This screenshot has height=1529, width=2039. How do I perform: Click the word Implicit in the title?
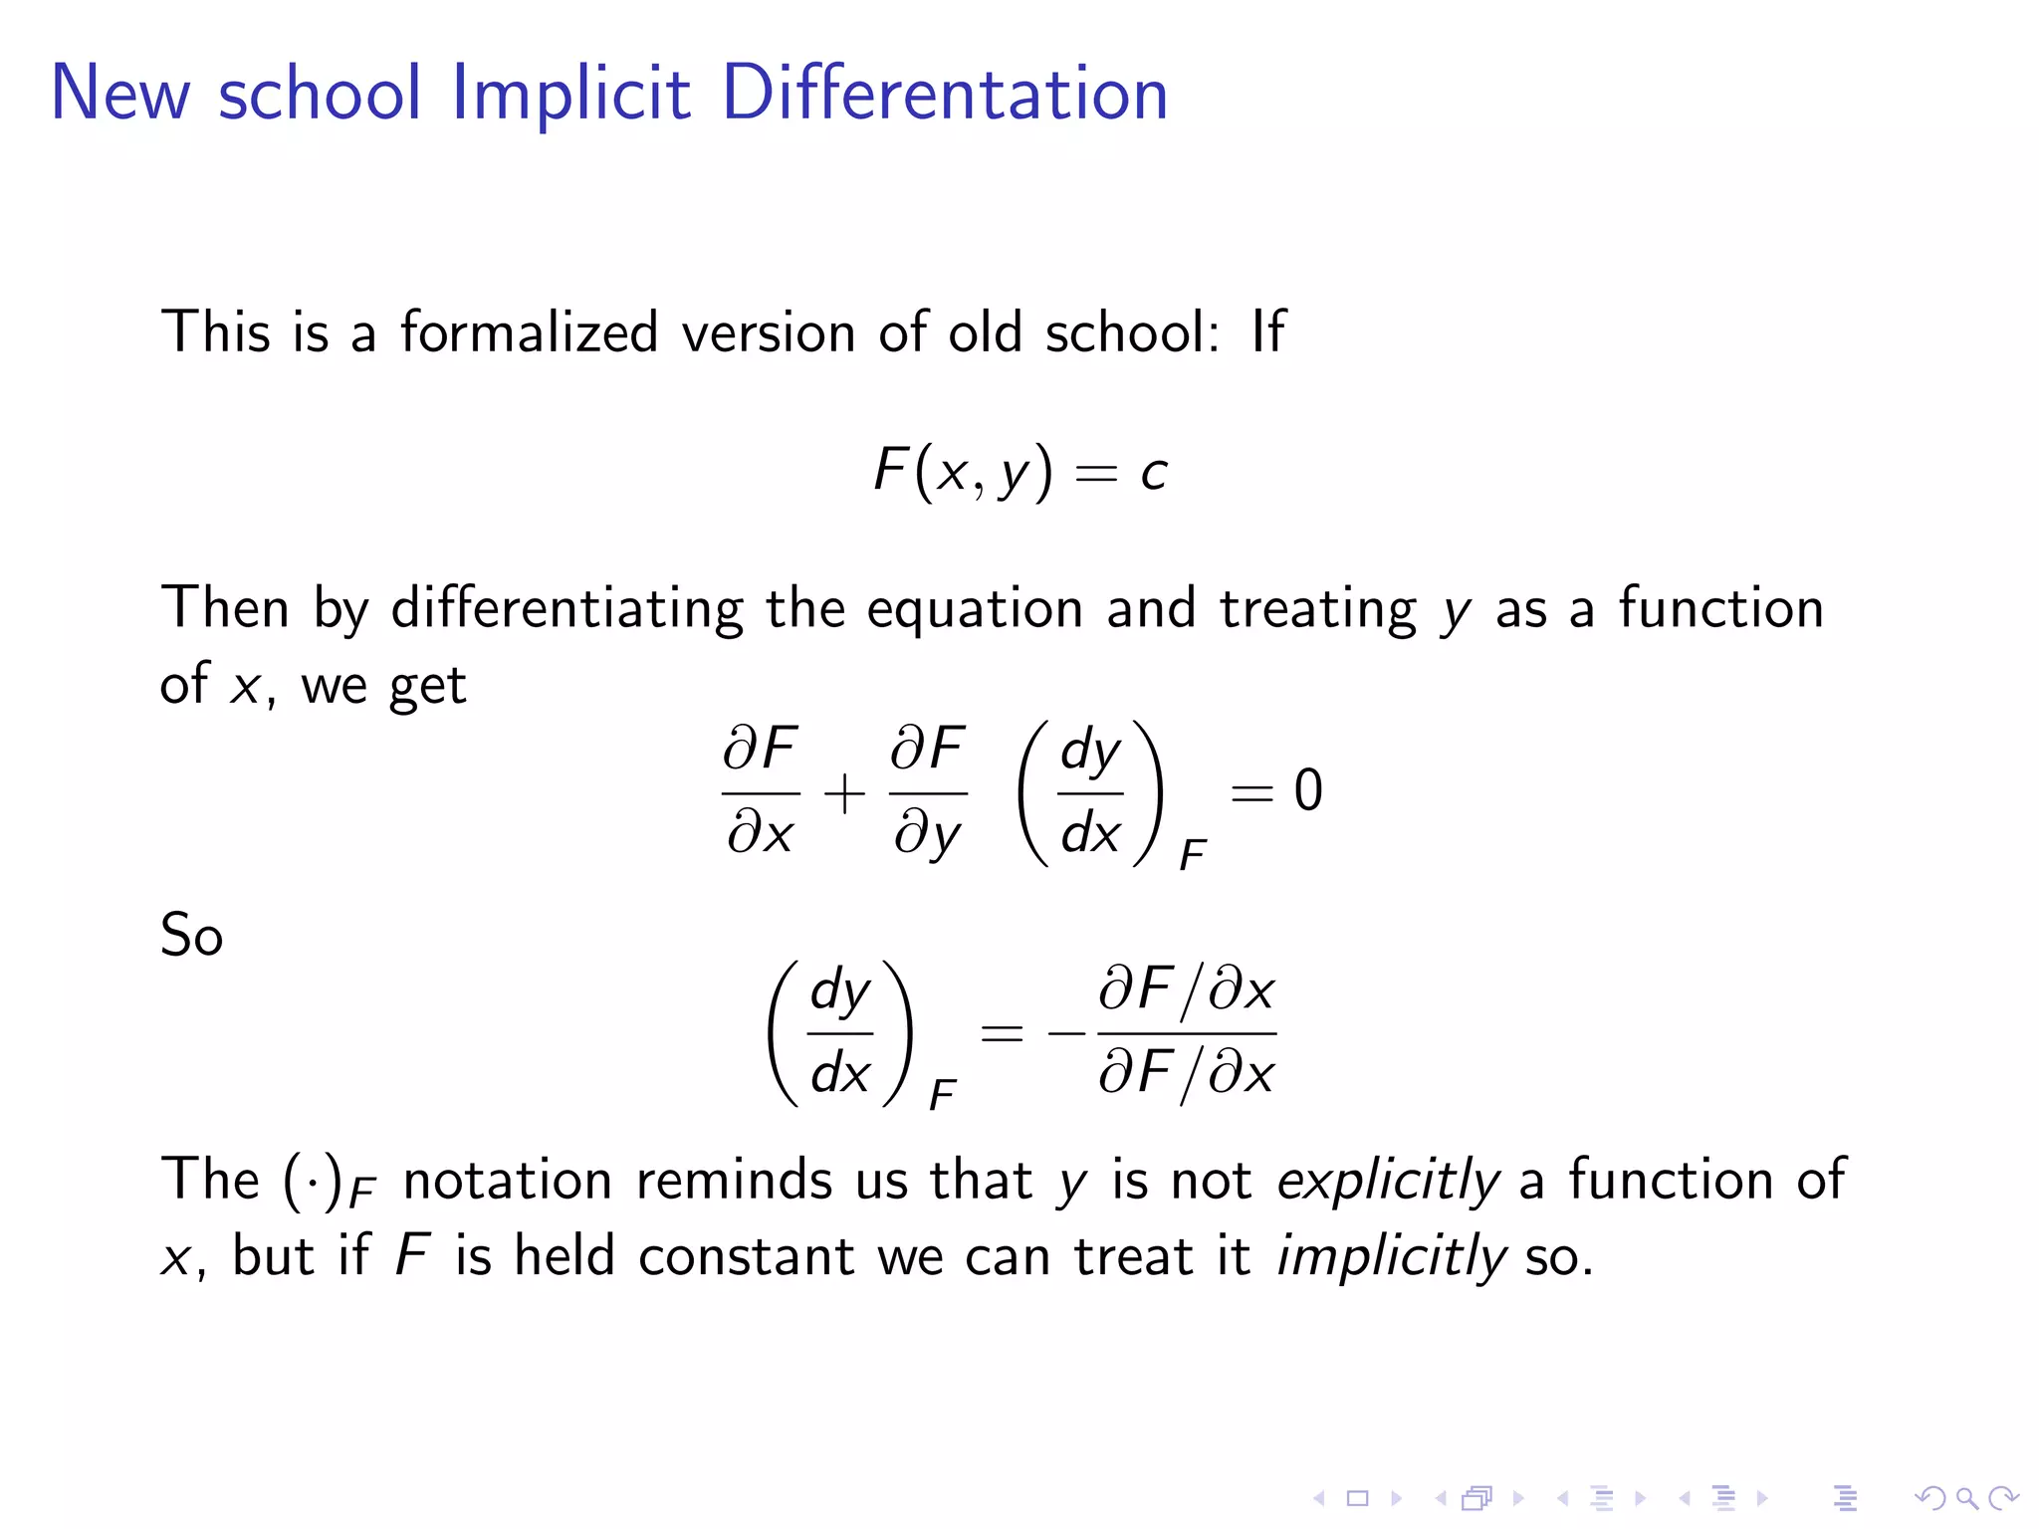pos(570,94)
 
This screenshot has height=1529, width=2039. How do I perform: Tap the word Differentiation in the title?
pos(944,94)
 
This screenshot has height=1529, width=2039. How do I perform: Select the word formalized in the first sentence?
pos(529,332)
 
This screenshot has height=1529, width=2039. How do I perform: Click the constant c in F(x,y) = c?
pos(1153,473)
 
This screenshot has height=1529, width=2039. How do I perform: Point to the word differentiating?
pos(566,609)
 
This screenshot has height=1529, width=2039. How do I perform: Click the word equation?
pos(974,609)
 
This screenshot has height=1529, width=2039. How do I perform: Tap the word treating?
pos(1317,609)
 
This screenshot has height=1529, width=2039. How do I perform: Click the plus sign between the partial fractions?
pos(844,794)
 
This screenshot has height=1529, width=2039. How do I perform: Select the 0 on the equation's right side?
pos(1307,791)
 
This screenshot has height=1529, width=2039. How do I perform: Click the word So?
pos(191,936)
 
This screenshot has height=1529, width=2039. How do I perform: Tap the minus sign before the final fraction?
pos(1066,1033)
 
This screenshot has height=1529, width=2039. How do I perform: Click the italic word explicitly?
pos(1388,1182)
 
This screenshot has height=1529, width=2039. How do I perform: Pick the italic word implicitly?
pos(1391,1257)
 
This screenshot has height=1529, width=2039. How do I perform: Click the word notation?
pos(507,1182)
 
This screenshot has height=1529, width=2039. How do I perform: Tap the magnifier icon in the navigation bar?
pos(1965,1497)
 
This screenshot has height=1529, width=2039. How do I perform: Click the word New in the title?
pos(119,94)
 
